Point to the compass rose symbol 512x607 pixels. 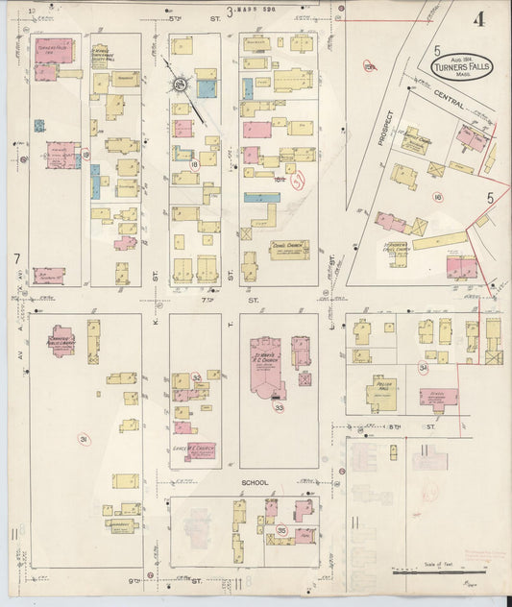point(179,87)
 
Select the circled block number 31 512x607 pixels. point(84,439)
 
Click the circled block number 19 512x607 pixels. point(85,154)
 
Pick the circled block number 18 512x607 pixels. point(194,165)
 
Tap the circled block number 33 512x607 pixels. point(280,407)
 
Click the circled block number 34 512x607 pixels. point(423,367)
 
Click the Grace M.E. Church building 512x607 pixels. point(198,449)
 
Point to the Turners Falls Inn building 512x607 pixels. point(53,51)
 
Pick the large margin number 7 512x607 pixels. point(17,259)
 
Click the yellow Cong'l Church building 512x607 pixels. point(289,249)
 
